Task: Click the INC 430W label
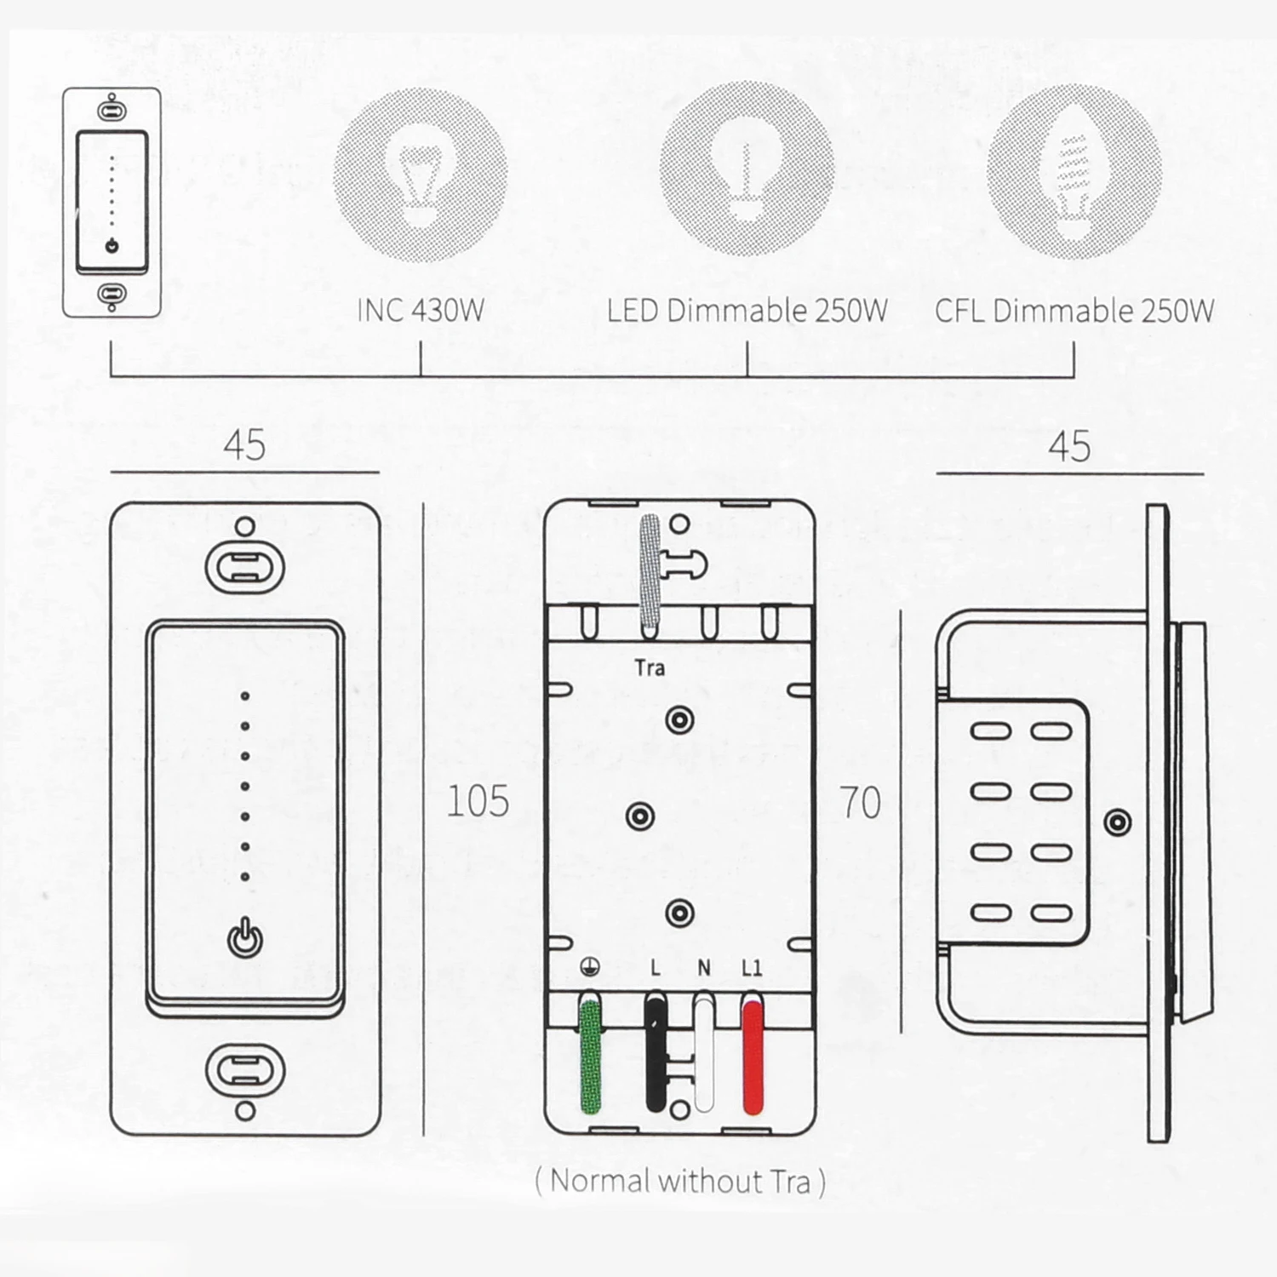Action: pos(421,311)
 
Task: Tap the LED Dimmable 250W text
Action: pos(747,311)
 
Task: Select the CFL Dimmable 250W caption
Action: pos(1074,311)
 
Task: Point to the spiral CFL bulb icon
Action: pos(1074,175)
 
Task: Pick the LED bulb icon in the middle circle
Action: pos(747,170)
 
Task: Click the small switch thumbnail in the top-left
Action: pos(112,203)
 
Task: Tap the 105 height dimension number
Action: pos(478,802)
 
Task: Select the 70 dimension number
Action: pos(860,803)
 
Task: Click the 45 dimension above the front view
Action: pos(244,446)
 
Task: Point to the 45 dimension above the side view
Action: pos(1069,447)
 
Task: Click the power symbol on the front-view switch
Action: pos(245,938)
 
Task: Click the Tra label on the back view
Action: pos(650,668)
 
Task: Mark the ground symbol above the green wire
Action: pos(590,967)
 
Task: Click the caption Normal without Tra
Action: pos(680,1182)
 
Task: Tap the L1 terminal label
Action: pos(752,968)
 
